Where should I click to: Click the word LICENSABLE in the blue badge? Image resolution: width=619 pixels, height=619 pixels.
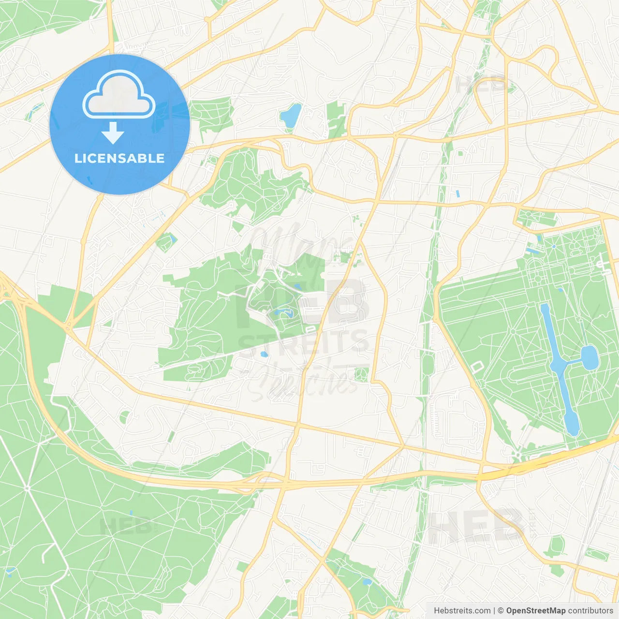coord(119,159)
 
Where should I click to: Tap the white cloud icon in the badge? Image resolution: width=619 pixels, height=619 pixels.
coord(119,95)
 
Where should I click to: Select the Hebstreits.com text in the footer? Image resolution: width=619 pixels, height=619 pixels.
coord(462,611)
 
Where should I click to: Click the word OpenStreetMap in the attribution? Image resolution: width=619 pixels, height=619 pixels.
coord(535,611)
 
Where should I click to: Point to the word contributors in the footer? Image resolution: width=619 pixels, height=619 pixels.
coord(590,611)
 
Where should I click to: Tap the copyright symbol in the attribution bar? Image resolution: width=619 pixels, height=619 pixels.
coord(501,611)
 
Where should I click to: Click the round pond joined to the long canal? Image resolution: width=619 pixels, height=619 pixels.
coord(590,357)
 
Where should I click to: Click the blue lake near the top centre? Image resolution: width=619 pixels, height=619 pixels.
coord(291,116)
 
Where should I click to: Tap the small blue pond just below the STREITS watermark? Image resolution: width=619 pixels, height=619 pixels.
coord(264,354)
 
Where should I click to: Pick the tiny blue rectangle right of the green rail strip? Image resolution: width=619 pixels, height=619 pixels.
coord(457,194)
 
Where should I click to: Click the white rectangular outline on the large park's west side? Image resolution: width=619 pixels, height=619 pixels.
coord(477,367)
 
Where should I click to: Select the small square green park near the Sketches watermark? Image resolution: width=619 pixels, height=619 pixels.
coord(361,374)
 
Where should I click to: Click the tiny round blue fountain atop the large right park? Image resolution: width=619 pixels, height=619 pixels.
coord(554,247)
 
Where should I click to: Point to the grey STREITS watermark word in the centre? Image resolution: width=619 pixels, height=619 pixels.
coord(304,342)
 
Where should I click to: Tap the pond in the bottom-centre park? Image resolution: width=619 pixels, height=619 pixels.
coord(367,582)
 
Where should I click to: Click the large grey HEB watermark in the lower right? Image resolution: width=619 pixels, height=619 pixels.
coord(476,526)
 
